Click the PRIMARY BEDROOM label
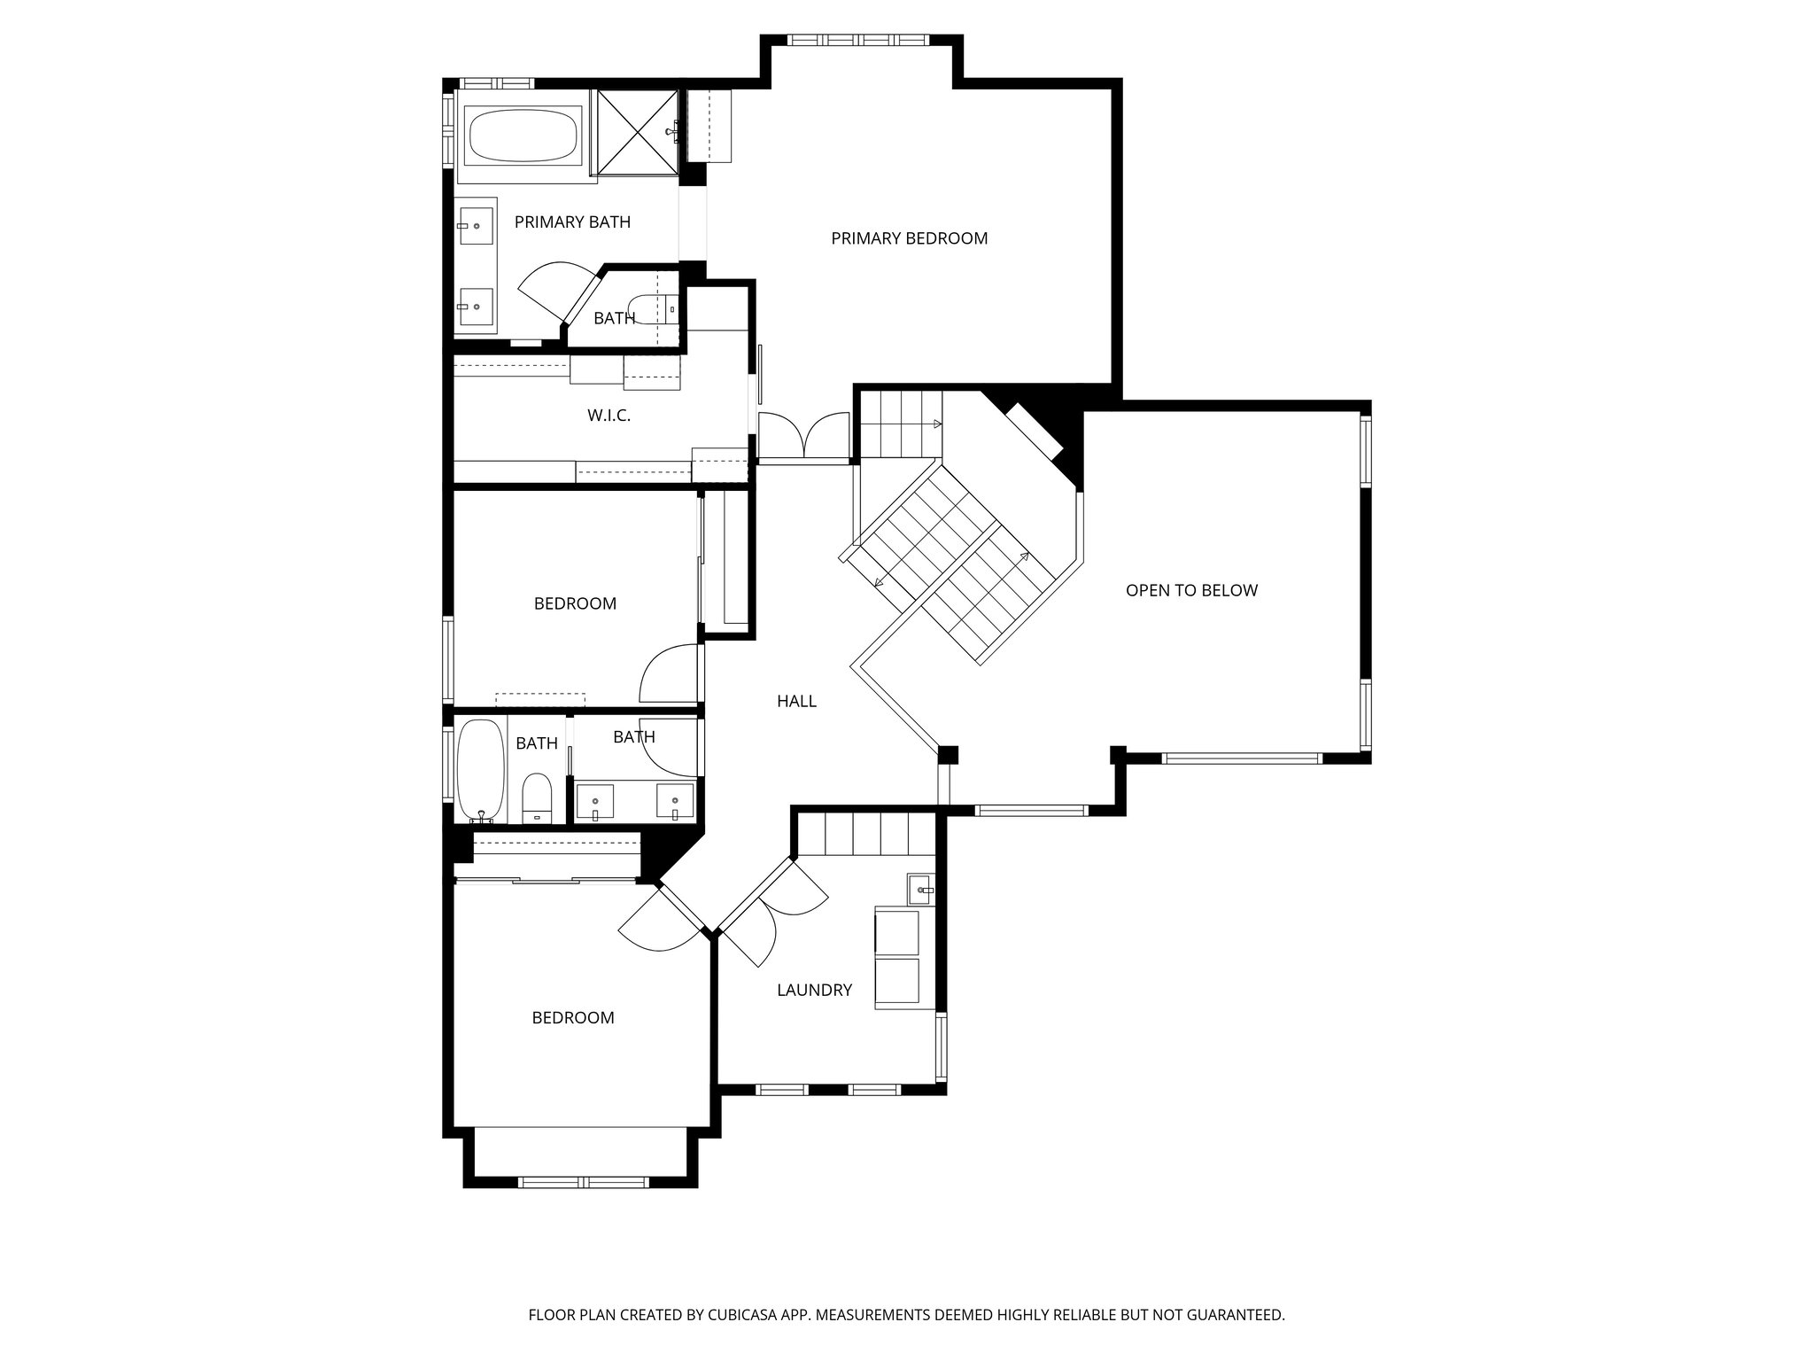909,238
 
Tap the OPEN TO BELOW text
1191,591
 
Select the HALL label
796,702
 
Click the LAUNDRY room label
814,991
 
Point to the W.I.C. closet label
609,416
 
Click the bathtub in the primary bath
523,135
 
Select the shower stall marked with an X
637,132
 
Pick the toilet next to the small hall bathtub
537,797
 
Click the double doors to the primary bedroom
803,436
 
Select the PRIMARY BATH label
572,222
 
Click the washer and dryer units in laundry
896,957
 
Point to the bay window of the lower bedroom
583,1182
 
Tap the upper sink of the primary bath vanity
476,225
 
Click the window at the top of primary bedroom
857,40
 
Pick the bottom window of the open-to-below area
1242,758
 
